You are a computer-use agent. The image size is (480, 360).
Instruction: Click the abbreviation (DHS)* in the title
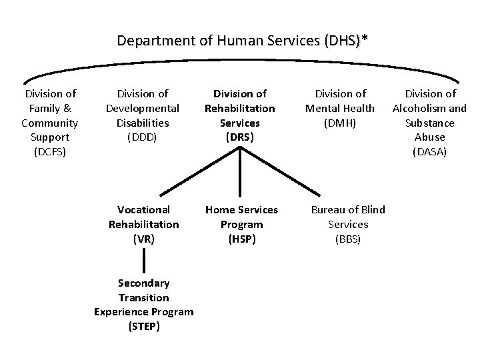[345, 41]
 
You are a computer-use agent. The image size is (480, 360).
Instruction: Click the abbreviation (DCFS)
[50, 152]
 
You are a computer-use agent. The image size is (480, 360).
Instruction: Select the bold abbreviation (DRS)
[239, 137]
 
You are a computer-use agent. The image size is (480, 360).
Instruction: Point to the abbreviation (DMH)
[340, 123]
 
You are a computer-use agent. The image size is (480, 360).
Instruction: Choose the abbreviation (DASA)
[429, 152]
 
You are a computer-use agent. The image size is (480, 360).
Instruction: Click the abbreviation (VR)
[143, 239]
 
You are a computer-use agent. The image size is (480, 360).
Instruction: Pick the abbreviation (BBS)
[347, 239]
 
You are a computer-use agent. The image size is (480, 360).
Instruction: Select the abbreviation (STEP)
[143, 327]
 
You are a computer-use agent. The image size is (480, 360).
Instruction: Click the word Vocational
[143, 209]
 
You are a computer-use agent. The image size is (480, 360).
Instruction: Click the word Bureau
[326, 209]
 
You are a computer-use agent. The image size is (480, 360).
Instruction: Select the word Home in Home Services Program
[218, 209]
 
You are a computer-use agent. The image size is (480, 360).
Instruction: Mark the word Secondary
[143, 283]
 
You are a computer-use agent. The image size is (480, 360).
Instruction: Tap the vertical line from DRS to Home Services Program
[239, 173]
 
